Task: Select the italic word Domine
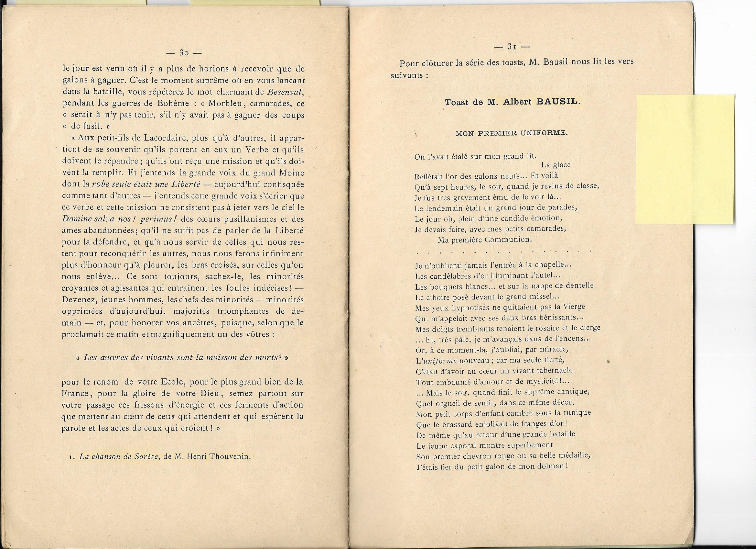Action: coord(76,219)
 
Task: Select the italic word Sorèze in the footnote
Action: coord(145,456)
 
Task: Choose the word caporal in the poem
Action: coord(457,445)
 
